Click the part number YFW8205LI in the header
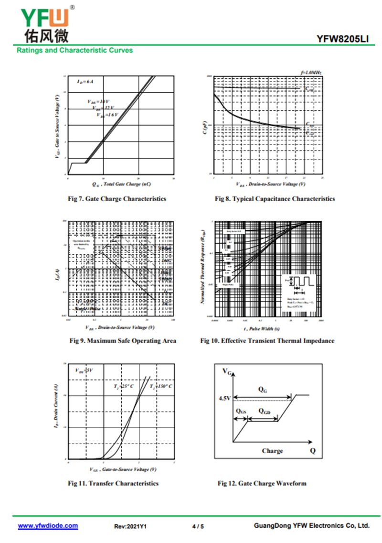(x=342, y=40)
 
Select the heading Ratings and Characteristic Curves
(x=75, y=50)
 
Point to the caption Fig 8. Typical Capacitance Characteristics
(x=275, y=198)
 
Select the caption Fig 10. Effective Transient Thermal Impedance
(x=267, y=341)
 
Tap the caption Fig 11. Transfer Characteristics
(x=113, y=483)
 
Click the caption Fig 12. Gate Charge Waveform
(x=262, y=483)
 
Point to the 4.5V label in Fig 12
(x=224, y=398)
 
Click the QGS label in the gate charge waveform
(x=241, y=411)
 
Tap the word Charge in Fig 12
(x=272, y=451)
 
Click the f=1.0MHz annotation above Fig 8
(x=311, y=72)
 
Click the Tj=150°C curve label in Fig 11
(x=161, y=386)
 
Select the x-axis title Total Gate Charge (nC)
(x=122, y=184)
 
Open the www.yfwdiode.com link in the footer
(x=48, y=526)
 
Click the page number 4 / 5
(x=198, y=526)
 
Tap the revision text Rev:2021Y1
(x=130, y=526)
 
